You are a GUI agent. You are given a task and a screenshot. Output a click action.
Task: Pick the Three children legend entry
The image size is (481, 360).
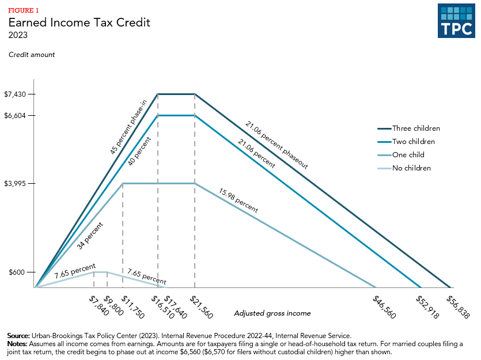tap(416, 128)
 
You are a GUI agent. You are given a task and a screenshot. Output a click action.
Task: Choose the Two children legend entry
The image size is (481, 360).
tap(414, 142)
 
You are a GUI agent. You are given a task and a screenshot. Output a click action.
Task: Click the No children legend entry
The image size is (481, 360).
tap(411, 168)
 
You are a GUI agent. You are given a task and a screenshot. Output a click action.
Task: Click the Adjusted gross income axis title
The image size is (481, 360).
tap(272, 313)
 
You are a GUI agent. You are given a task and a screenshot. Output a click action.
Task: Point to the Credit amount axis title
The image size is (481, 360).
tap(32, 55)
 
